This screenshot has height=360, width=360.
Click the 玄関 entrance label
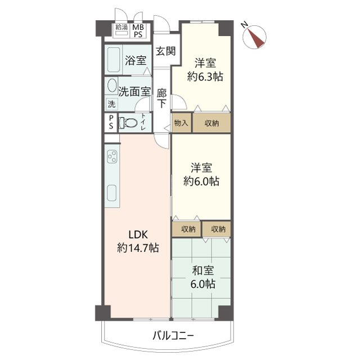(x=165, y=51)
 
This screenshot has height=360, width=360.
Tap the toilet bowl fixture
(x=128, y=123)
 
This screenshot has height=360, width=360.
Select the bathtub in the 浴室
(x=114, y=60)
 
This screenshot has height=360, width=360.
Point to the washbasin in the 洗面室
(x=112, y=85)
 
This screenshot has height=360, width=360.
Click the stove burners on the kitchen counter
(x=112, y=156)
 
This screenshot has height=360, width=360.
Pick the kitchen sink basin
(x=111, y=193)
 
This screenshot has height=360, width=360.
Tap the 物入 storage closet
(x=181, y=123)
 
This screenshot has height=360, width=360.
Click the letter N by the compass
(x=244, y=25)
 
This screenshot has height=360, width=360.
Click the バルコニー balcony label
(x=173, y=336)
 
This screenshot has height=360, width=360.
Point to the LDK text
(x=138, y=235)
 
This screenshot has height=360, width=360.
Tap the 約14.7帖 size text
(x=138, y=248)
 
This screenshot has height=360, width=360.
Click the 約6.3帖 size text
(x=205, y=76)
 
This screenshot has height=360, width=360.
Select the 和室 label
(x=202, y=271)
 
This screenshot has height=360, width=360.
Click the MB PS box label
(x=138, y=31)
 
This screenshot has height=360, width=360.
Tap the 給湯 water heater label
(x=121, y=28)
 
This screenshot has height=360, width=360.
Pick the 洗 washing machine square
(x=111, y=104)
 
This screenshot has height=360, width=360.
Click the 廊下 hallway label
(x=161, y=98)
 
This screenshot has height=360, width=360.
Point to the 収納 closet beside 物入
(x=211, y=123)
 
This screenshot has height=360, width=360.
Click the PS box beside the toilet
(x=111, y=123)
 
